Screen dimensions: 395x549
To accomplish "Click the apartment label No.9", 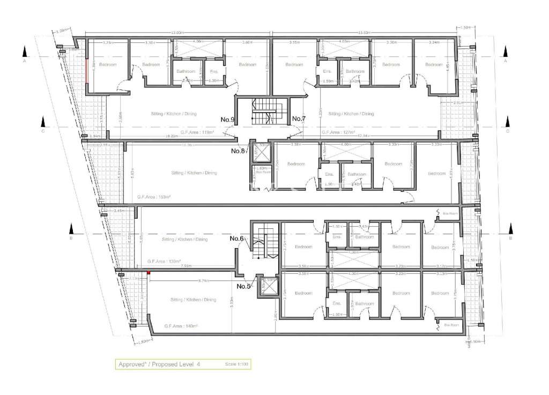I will tap(227, 119).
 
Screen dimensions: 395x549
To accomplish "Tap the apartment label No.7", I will tap(299, 118).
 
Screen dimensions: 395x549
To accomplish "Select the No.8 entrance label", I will tap(238, 151).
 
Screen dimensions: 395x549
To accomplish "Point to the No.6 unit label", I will tap(237, 239).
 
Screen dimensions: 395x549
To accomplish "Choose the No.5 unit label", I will tap(244, 286).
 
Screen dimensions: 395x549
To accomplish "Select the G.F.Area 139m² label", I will tap(164, 261).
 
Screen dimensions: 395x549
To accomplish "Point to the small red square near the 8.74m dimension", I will tap(149, 274).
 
